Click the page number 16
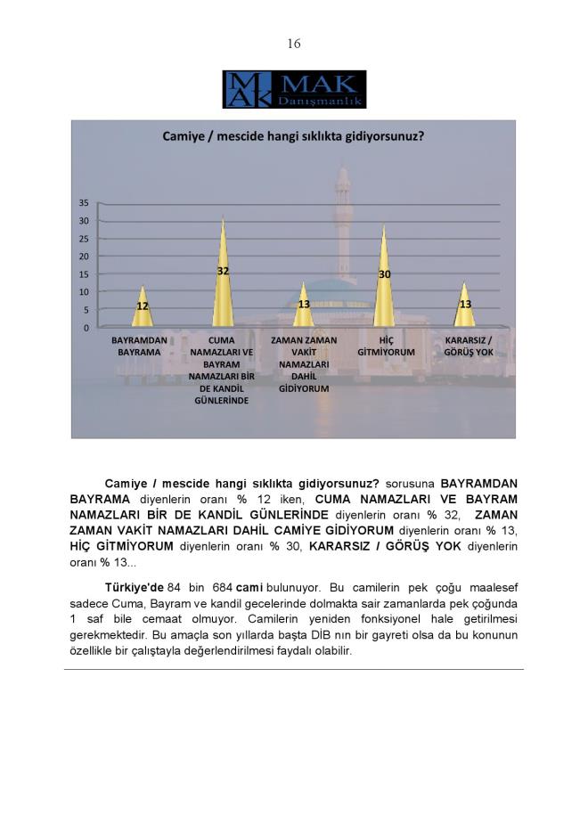(x=294, y=44)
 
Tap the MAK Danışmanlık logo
(x=294, y=89)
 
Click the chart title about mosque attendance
(x=292, y=137)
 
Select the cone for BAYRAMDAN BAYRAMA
(x=142, y=308)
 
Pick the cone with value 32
(x=223, y=276)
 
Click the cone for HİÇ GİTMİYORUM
(x=385, y=281)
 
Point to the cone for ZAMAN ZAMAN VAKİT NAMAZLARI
(x=304, y=307)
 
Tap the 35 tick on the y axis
(x=84, y=203)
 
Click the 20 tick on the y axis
(x=84, y=257)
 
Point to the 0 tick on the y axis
(x=86, y=328)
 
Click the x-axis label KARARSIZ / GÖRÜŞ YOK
(x=468, y=347)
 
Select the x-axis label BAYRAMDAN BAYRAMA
(x=139, y=347)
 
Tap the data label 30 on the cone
(x=385, y=274)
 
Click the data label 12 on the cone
(x=142, y=306)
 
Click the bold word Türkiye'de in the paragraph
(x=133, y=589)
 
